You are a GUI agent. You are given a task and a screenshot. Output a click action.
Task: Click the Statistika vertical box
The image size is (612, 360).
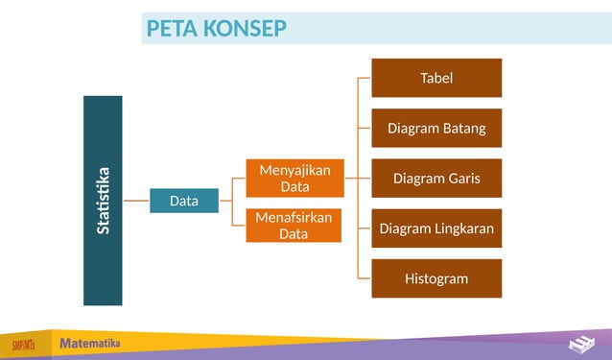(103, 201)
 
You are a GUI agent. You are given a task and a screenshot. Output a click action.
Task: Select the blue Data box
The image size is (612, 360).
(184, 202)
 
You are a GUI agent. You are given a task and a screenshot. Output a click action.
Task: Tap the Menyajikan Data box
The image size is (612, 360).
(294, 178)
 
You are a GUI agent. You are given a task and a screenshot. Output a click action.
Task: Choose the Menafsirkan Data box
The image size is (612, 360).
(294, 226)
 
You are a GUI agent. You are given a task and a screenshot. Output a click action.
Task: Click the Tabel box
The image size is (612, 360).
(436, 78)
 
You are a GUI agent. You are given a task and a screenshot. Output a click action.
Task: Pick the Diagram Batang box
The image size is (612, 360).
(436, 128)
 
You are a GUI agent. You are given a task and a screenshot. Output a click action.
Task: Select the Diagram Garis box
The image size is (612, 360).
(436, 178)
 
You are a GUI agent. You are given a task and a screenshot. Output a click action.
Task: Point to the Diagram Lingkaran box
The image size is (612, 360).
(436, 228)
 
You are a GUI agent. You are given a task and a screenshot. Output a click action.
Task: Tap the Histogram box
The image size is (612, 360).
(436, 278)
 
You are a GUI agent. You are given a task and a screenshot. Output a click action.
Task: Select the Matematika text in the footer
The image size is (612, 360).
(90, 343)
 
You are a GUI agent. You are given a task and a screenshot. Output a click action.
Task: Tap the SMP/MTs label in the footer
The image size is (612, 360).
(25, 345)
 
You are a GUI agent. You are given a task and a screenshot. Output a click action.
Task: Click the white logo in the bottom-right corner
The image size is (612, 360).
(581, 345)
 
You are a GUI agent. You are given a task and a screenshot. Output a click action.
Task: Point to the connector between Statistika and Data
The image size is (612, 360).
(136, 202)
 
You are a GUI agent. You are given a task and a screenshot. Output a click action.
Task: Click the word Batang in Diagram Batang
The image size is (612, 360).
(462, 128)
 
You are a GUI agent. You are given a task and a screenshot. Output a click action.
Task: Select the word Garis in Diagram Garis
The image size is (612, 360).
(459, 178)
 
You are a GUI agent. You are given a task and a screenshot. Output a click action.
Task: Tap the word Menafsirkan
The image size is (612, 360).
(294, 217)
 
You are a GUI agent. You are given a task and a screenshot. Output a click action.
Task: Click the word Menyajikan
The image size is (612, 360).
(294, 170)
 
